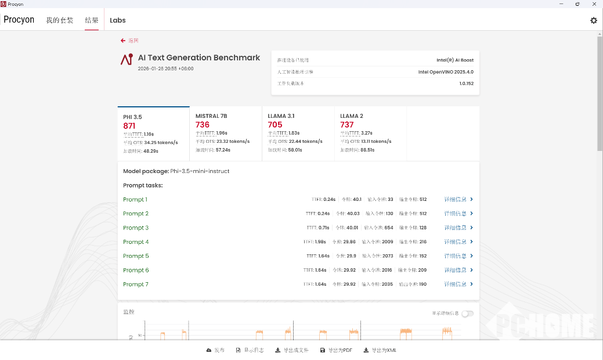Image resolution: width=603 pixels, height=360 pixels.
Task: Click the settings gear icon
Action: coord(593,20)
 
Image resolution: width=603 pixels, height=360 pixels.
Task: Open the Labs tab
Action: coord(118,20)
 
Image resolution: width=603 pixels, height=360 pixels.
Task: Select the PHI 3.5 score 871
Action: coord(129,126)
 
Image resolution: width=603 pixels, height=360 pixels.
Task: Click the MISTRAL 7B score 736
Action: coord(203,125)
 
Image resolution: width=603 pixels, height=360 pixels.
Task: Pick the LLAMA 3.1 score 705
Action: coord(275,125)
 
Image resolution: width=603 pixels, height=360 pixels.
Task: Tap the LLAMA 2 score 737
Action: coord(347,125)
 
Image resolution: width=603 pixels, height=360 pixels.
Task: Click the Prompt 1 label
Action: coord(135,200)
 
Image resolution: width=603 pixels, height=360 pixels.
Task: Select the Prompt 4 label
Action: coord(136,242)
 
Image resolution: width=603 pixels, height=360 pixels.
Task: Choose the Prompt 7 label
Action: coord(136,285)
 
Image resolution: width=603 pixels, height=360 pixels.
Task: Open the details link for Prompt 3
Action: coord(458,228)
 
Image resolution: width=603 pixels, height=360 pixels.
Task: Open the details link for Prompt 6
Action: coord(458,271)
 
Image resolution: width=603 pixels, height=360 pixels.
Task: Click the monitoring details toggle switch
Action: coord(467,314)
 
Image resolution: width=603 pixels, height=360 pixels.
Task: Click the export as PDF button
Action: coord(337,350)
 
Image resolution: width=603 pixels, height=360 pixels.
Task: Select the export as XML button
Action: coord(380,350)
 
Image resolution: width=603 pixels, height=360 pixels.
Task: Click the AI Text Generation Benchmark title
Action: coord(199,58)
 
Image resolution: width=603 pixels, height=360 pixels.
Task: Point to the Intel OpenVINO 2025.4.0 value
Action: coord(446,72)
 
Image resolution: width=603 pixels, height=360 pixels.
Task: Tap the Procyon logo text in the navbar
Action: coord(19,20)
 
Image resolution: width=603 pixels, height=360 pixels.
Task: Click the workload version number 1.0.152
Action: coord(466,84)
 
